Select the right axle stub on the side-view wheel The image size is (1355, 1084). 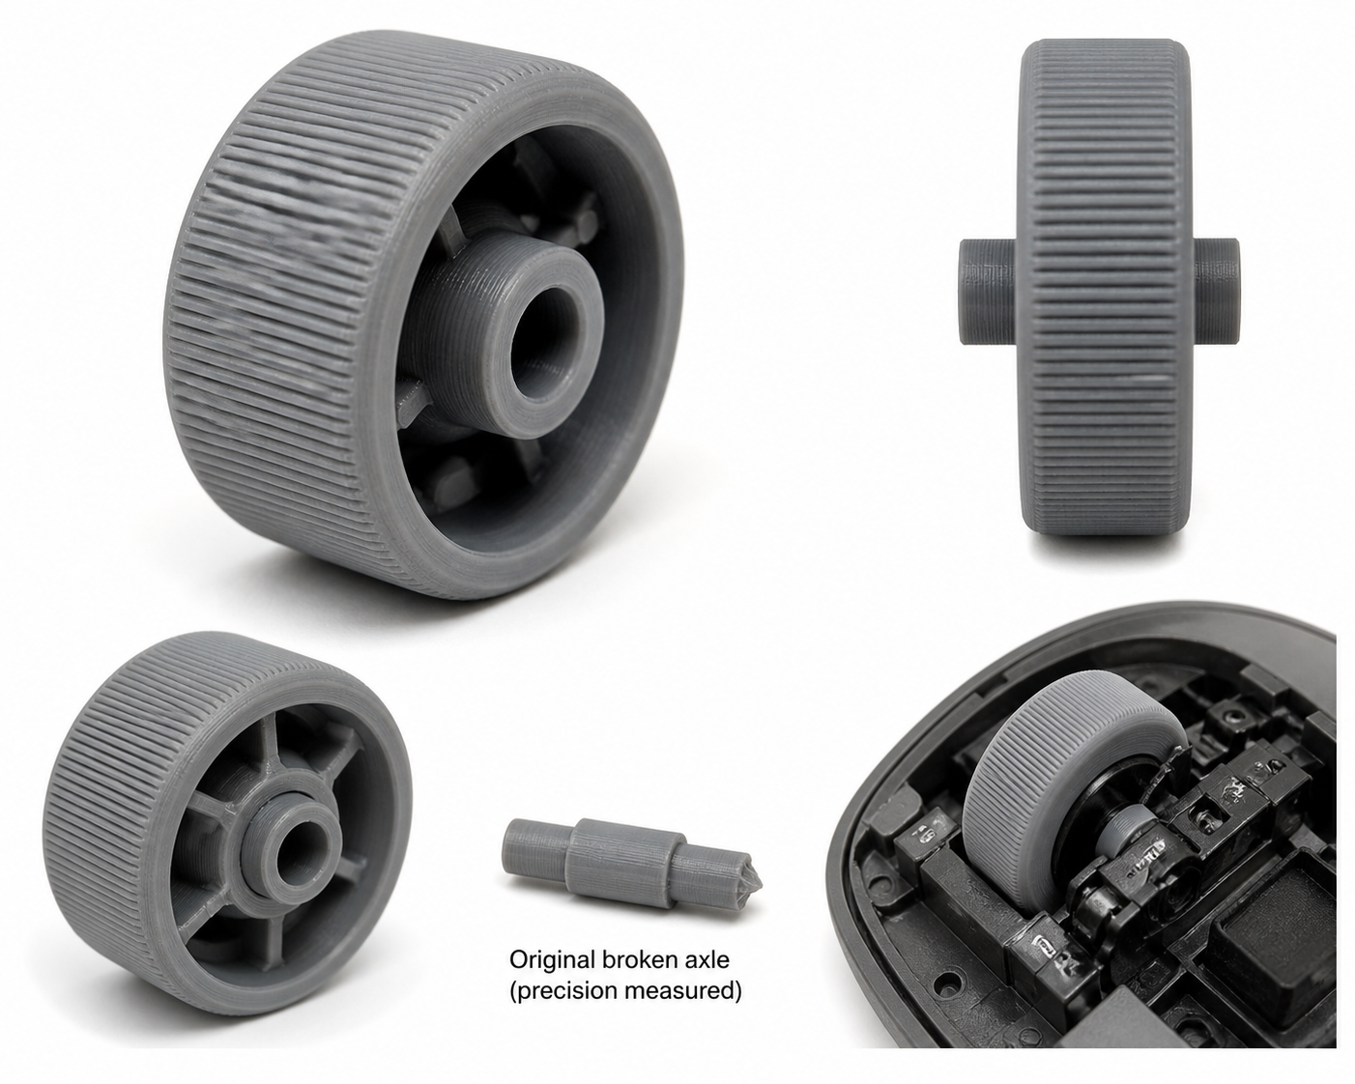coord(1216,291)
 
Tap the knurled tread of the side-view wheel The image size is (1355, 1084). coord(1105,286)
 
